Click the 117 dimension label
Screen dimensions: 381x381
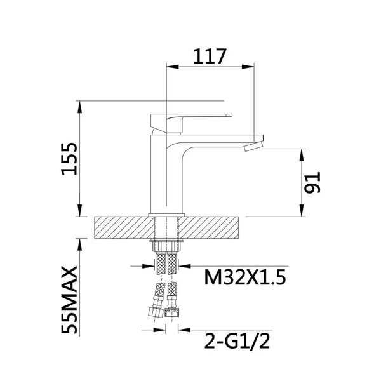[x=210, y=57]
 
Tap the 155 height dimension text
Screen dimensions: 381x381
[x=69, y=159]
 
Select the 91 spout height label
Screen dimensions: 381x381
[x=312, y=183]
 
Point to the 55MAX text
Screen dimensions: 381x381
[x=69, y=300]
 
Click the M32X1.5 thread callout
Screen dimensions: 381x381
[x=245, y=277]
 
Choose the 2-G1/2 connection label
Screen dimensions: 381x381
[x=237, y=341]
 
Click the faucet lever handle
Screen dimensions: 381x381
[x=191, y=123]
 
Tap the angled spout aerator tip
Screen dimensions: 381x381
[x=253, y=147]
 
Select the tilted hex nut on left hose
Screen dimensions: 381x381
[x=156, y=312]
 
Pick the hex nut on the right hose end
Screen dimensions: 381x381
[x=172, y=312]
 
